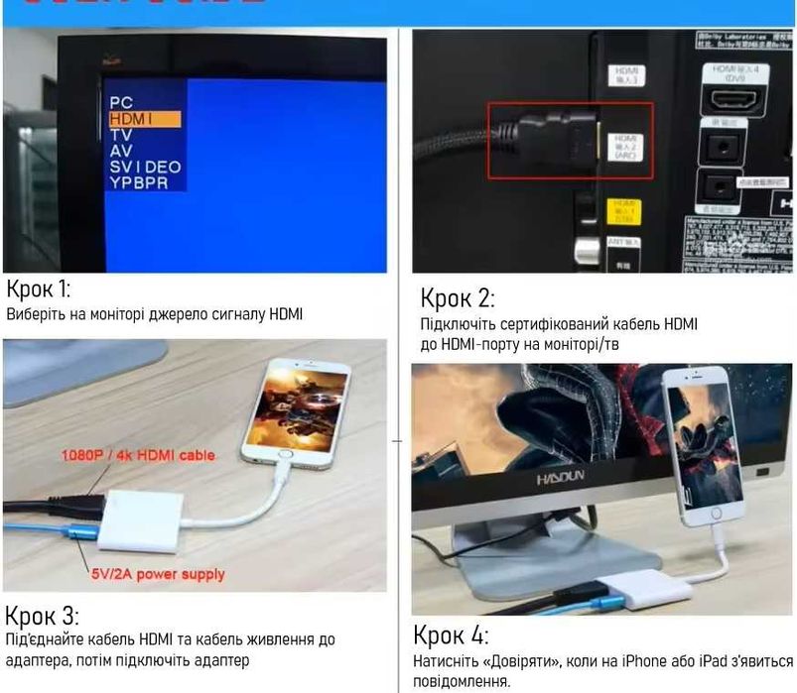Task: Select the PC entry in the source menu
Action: (x=121, y=102)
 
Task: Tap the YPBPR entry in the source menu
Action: (x=139, y=183)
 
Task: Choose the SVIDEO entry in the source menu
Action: (x=145, y=168)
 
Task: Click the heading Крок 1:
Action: (x=39, y=289)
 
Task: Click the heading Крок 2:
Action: (x=458, y=296)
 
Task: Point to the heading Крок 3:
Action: (x=43, y=614)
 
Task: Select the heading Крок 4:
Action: (x=451, y=635)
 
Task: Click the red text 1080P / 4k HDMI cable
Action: (x=138, y=455)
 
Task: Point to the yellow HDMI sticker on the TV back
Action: (x=623, y=210)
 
